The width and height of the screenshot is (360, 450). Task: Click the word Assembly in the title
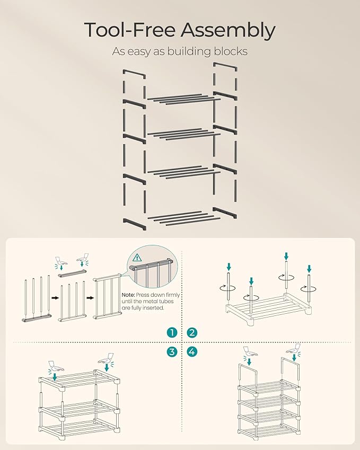(228, 30)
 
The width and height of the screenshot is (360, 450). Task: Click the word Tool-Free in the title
(129, 30)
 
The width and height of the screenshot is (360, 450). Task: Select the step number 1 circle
(172, 333)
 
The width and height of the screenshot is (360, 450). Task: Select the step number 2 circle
(192, 333)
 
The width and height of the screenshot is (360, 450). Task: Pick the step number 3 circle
(172, 351)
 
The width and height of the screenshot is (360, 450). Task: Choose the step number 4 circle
(192, 351)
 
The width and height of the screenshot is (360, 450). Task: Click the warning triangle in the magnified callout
(137, 258)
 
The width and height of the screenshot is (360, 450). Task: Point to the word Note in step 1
(128, 295)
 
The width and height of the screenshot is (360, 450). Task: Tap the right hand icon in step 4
(293, 349)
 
